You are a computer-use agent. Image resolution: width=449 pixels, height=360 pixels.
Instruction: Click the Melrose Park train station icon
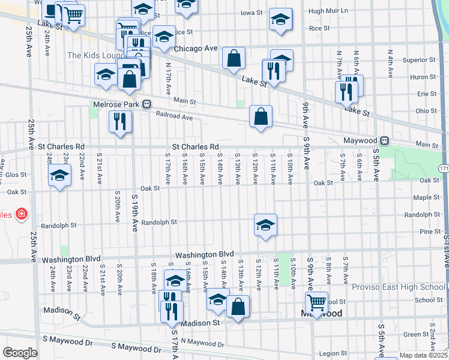click(146, 104)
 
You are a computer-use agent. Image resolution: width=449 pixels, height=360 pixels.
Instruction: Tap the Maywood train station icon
click(385, 140)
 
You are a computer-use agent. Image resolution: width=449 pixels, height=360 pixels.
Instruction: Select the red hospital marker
click(22, 214)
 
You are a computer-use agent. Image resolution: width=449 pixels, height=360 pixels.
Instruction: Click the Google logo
click(20, 353)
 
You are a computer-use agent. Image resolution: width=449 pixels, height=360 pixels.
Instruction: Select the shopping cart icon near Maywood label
click(316, 302)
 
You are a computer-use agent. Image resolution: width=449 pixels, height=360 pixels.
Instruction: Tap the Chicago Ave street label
click(196, 48)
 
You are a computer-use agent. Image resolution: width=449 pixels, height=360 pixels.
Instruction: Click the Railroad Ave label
click(174, 116)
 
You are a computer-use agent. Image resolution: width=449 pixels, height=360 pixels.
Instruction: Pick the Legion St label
click(333, 353)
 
